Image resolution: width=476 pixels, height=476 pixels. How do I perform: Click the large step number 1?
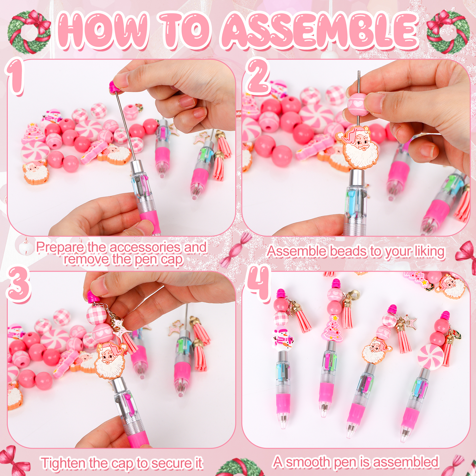(16, 76)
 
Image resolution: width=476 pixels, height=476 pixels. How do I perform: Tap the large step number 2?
(258, 76)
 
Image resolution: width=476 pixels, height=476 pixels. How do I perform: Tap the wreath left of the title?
(29, 32)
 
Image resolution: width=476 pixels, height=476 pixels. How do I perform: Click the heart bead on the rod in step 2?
(357, 104)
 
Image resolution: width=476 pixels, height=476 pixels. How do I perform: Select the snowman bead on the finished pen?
(282, 339)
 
